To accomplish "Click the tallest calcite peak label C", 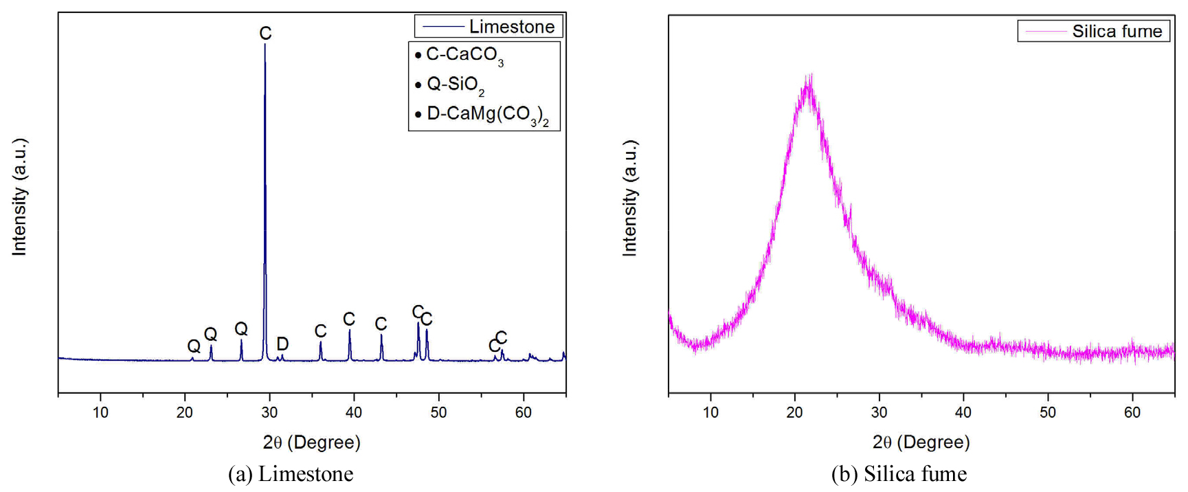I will tap(265, 33).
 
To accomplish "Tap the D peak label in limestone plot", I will tap(282, 344).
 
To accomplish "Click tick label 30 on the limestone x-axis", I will tap(269, 412).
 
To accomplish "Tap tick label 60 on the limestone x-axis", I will tap(524, 412).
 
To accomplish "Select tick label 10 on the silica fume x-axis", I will tap(710, 412).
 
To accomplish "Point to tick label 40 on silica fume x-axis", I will tap(963, 412).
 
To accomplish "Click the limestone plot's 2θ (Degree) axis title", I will tap(311, 442).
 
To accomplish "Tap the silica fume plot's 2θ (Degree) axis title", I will tap(921, 442).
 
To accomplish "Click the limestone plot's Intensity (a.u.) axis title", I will tap(19, 197).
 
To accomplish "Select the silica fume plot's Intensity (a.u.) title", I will tap(629, 199).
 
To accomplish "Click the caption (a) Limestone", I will tap(291, 474).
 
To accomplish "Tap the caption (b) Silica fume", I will tap(899, 474).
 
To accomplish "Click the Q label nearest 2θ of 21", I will tap(194, 346).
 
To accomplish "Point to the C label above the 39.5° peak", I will tap(349, 319).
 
